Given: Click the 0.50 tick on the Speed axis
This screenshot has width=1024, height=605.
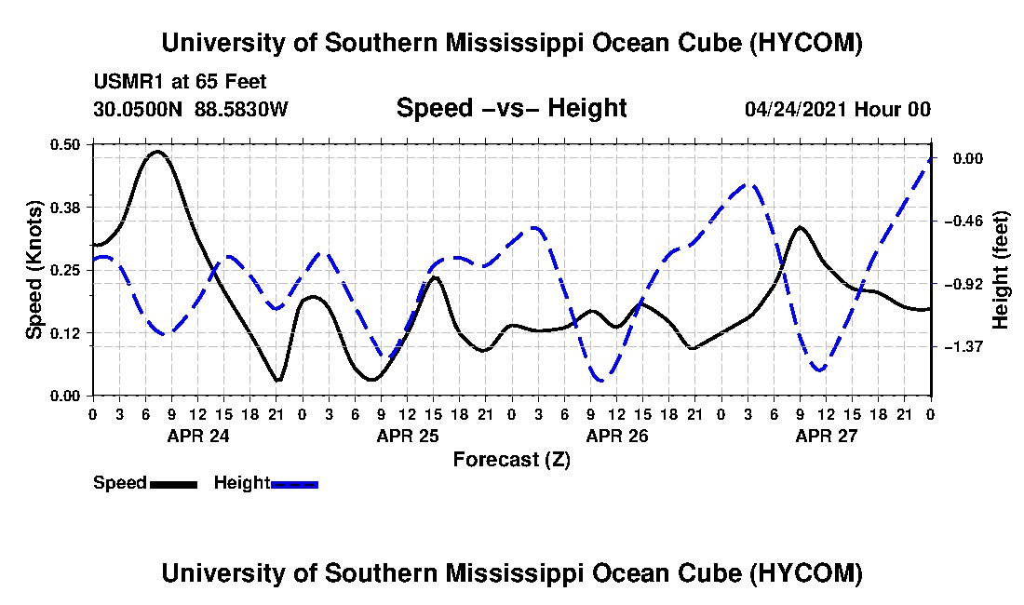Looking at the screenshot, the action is (x=65, y=144).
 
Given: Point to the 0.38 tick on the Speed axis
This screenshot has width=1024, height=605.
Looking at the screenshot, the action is (x=65, y=208).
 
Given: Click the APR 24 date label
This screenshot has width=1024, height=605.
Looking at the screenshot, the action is (x=198, y=436).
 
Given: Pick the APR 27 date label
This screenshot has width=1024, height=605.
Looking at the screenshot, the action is (x=826, y=436).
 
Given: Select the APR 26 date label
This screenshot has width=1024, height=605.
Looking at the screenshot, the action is (x=617, y=436).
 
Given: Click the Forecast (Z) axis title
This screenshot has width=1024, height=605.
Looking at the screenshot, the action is (x=512, y=460).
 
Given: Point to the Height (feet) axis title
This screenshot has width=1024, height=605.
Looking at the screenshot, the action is (x=1001, y=270).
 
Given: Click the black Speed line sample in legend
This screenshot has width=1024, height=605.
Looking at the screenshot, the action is (x=174, y=484).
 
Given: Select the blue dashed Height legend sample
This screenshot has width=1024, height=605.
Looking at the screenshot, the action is (x=294, y=484).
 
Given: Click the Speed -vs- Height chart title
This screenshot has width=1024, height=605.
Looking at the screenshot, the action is (x=512, y=108).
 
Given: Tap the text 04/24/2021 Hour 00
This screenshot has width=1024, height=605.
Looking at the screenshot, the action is (x=838, y=109).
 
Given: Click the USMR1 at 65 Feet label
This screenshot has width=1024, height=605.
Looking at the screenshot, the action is (x=181, y=82).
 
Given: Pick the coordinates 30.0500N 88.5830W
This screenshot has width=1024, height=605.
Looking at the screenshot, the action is (x=191, y=109).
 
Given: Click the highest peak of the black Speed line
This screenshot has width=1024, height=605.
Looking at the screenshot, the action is (x=157, y=152).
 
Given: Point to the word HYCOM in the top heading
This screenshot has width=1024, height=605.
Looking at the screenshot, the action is (x=806, y=43).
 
